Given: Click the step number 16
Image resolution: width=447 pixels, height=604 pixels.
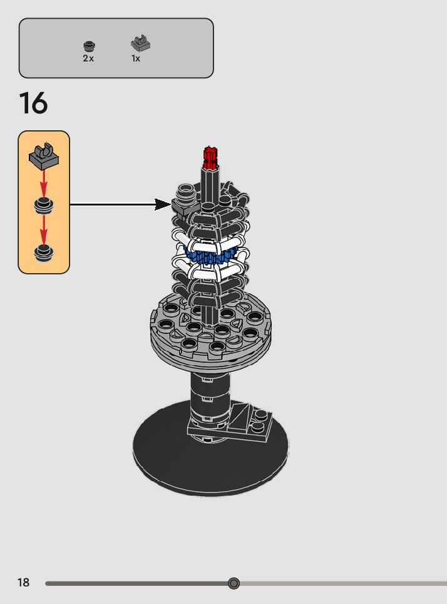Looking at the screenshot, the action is pos(33,103).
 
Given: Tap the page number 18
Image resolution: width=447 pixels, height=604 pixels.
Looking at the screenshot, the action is pos(23,582).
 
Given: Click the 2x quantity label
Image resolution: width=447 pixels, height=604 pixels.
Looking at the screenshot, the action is pos(88,58).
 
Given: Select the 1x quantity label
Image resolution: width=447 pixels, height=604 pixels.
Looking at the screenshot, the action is pos(135,58).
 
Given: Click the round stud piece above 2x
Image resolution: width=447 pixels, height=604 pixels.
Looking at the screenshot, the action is pos(90,46).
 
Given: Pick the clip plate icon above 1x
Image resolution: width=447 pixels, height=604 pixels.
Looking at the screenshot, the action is pos(140,43).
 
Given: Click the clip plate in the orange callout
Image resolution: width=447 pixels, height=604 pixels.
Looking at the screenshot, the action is pos(44,156).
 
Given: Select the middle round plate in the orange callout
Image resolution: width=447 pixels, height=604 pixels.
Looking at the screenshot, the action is pos(43,205).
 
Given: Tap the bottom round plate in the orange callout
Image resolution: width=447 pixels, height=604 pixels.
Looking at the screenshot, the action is pos(43,253).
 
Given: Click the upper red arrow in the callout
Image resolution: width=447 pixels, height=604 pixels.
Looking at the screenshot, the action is pos(44,182).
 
